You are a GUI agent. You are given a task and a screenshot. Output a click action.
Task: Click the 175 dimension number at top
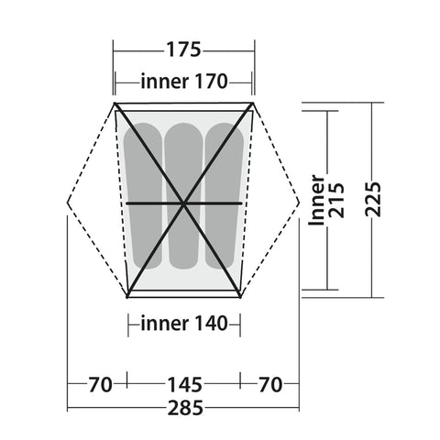click(x=183, y=49)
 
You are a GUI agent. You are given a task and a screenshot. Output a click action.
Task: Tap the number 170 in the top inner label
click(x=211, y=82)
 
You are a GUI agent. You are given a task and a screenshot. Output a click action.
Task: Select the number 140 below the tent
click(x=211, y=324)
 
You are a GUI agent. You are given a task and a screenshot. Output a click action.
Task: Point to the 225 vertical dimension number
click(x=374, y=200)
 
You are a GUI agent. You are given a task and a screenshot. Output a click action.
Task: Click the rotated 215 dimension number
click(x=336, y=201)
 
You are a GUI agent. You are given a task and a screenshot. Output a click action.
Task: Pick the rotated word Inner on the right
click(x=316, y=201)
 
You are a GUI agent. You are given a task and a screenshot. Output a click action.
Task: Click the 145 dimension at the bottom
click(x=185, y=385)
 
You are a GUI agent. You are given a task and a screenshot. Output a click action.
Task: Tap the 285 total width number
click(x=185, y=408)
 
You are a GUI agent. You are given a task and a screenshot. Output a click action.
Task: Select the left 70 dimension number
click(x=100, y=385)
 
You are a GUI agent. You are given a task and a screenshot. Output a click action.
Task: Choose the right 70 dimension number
click(x=270, y=385)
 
